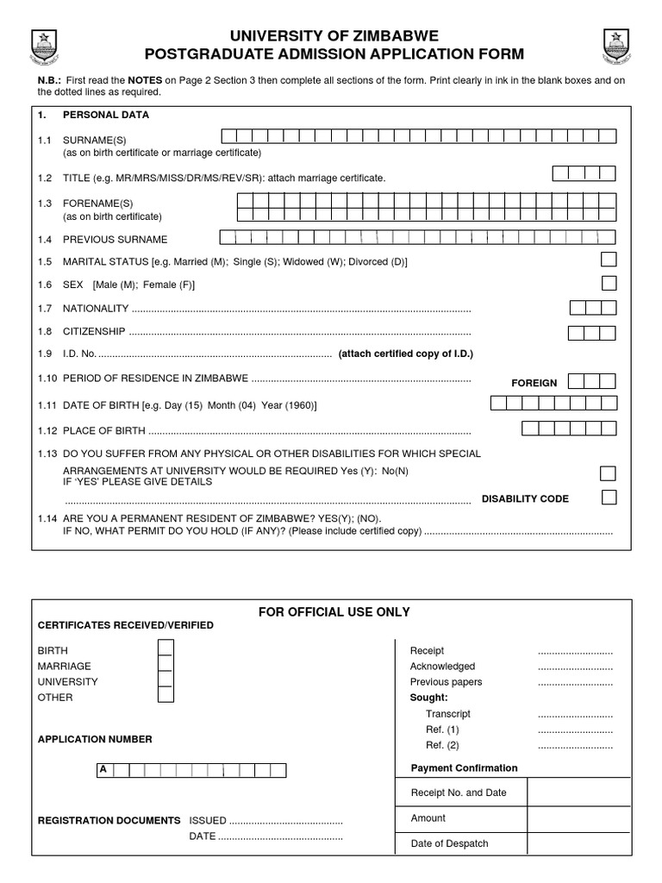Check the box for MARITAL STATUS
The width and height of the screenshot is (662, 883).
pyautogui.click(x=609, y=260)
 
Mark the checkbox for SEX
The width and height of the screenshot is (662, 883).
pyautogui.click(x=609, y=283)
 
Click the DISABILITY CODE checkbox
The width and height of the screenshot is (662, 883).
pyautogui.click(x=609, y=497)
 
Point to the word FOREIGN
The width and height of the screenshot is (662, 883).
pyautogui.click(x=534, y=383)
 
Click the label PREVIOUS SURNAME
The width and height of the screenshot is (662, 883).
pyautogui.click(x=115, y=240)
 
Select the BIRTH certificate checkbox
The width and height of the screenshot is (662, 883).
pyautogui.click(x=165, y=649)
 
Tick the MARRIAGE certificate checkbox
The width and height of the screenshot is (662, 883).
pyautogui.click(x=165, y=665)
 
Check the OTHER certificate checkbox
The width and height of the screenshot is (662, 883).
pyautogui.click(x=165, y=697)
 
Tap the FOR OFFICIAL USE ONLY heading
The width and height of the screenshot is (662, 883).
pyautogui.click(x=334, y=612)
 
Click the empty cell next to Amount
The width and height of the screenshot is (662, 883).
pyautogui.click(x=578, y=818)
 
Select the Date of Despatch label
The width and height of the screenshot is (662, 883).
pyautogui.click(x=449, y=843)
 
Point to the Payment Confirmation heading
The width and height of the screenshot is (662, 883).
pyautogui.click(x=464, y=768)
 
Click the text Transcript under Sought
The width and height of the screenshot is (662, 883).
pyautogui.click(x=447, y=714)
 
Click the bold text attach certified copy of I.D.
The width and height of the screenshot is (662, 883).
pyautogui.click(x=405, y=354)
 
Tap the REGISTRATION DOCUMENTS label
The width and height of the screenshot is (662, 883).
pyautogui.click(x=109, y=821)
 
